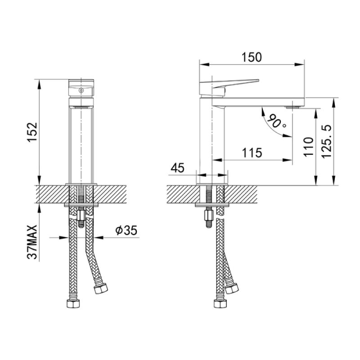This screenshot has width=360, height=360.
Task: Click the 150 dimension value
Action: click(251, 57)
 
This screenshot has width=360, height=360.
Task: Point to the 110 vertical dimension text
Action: click(309, 147)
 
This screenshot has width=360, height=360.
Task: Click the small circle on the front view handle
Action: click(81, 90)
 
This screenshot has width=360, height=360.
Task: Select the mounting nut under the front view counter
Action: click(81, 219)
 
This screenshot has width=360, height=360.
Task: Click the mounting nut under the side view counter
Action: click(210, 219)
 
